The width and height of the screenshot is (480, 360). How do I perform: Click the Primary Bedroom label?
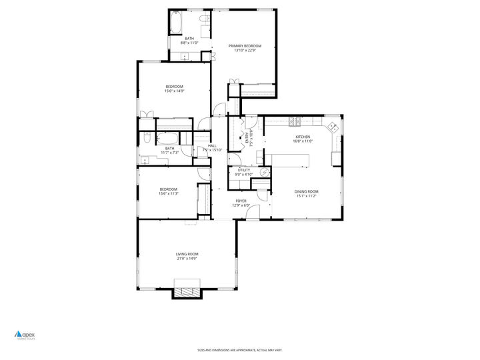[245, 46]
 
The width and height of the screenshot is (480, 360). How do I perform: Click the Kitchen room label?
[303, 137]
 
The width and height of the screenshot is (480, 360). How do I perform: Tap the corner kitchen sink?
[332, 125]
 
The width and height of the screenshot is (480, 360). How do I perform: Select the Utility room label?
[244, 170]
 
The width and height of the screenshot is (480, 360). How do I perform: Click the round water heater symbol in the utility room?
[263, 172]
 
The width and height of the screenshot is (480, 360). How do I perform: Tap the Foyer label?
[241, 201]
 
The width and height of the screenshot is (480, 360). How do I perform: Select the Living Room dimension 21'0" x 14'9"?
[187, 259]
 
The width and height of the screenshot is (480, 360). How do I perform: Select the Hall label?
[212, 146]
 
